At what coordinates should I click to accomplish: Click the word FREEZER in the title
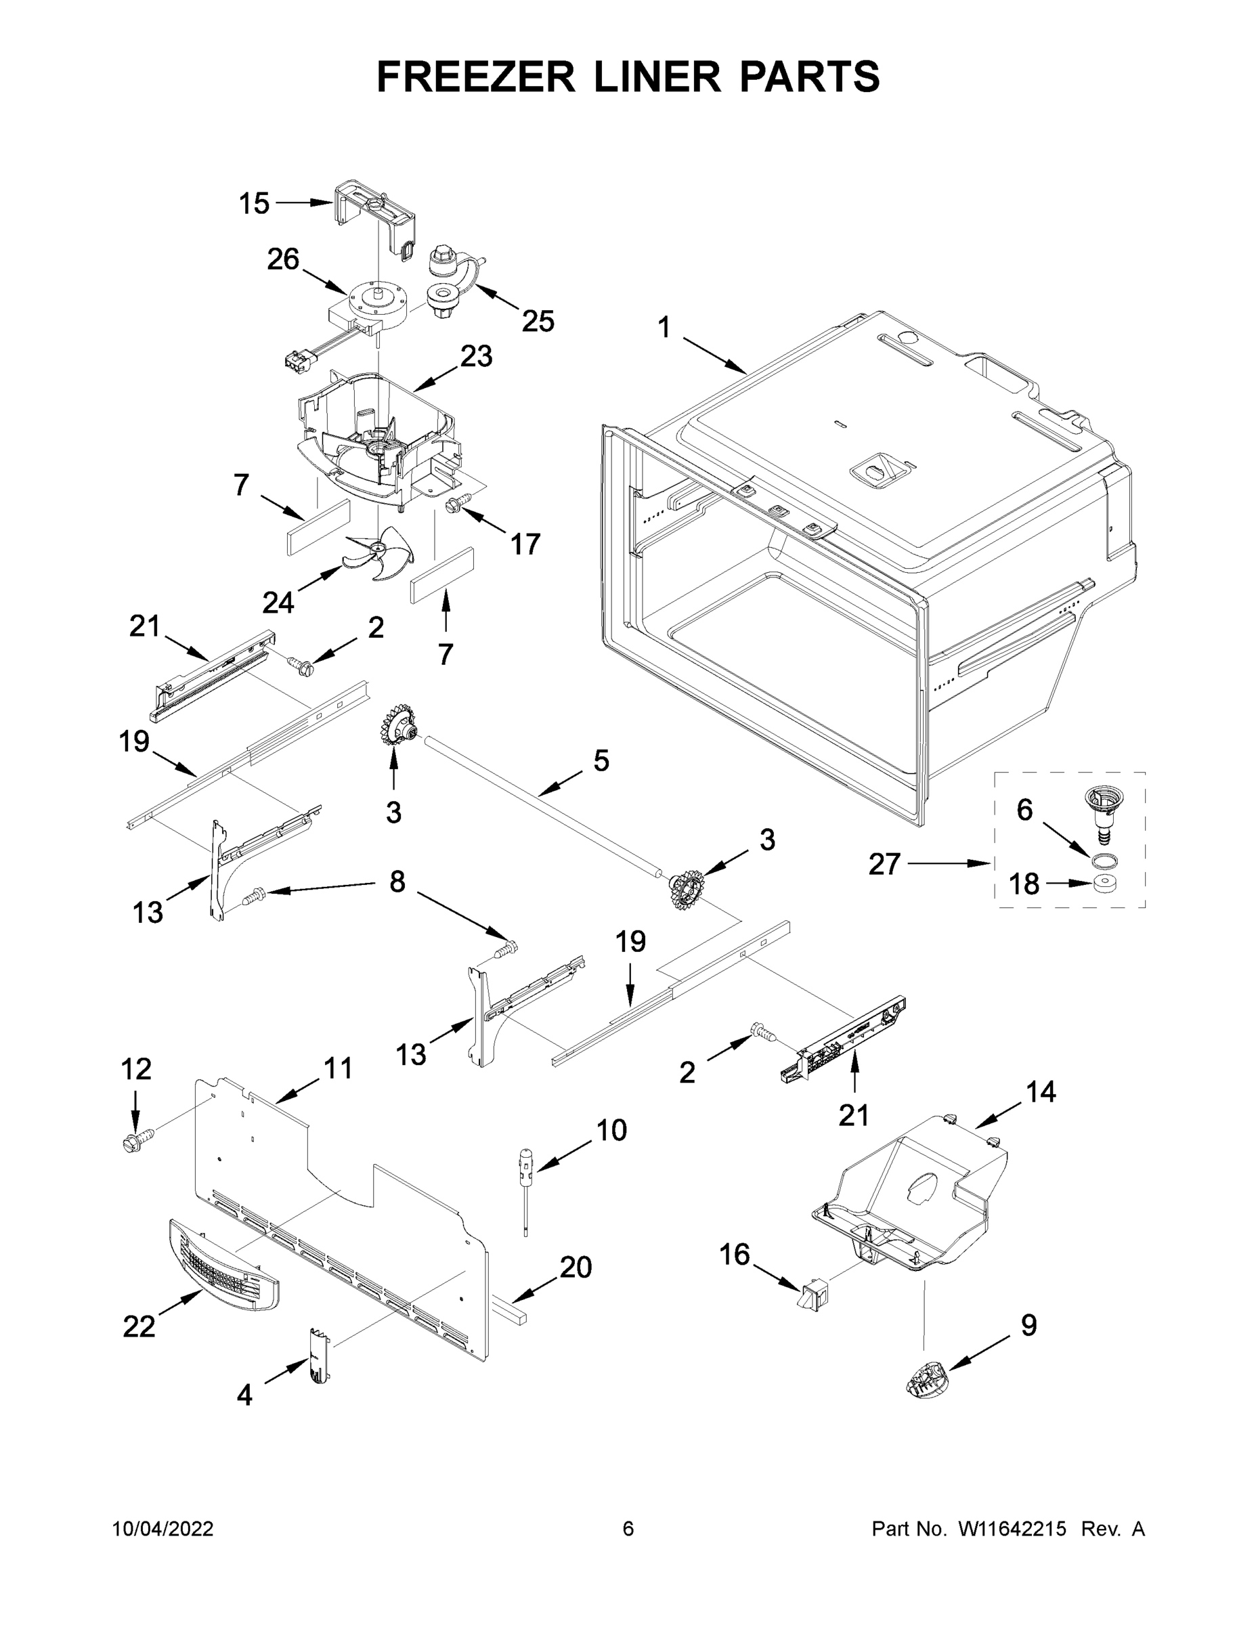tap(475, 77)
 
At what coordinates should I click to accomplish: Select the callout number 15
tap(254, 203)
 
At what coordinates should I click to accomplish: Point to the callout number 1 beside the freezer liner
tap(664, 328)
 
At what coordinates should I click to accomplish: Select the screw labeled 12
tap(135, 1138)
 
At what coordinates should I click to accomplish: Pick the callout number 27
tap(884, 865)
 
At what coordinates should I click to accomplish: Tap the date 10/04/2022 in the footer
tap(163, 1529)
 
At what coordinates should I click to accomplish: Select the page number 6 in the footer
tap(628, 1529)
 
